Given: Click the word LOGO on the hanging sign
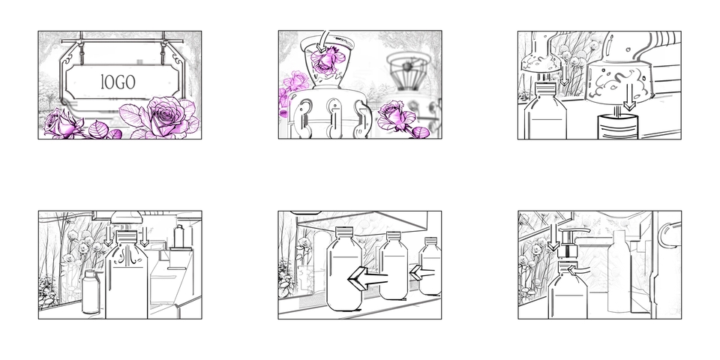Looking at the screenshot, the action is [118, 82].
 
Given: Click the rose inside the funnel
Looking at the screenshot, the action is [327, 60].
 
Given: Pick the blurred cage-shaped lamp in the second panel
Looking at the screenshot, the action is [407, 71].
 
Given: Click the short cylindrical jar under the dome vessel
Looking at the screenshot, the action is [617, 127].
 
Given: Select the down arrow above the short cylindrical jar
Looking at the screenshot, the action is [630, 97].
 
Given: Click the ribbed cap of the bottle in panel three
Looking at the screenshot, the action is [545, 88].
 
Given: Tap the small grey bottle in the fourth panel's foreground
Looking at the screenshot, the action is [91, 292].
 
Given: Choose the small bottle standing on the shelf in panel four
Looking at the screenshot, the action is [178, 236].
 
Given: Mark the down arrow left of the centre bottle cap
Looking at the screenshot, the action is [108, 235].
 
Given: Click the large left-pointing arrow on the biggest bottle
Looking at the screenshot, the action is [367, 278].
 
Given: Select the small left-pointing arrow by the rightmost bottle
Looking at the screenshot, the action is [421, 273].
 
